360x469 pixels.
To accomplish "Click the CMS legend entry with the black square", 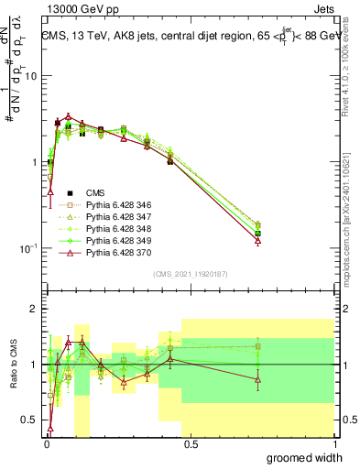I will tap(95, 192).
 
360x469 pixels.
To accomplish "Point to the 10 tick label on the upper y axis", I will tap(30, 76).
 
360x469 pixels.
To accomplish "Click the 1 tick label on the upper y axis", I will tap(34, 162).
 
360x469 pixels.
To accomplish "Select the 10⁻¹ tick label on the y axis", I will tap(28, 248).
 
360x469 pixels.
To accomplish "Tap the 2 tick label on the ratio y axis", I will tap(34, 310).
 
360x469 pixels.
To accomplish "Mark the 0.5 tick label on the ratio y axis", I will tap(28, 420).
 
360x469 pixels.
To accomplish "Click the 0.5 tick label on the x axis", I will tap(191, 445).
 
